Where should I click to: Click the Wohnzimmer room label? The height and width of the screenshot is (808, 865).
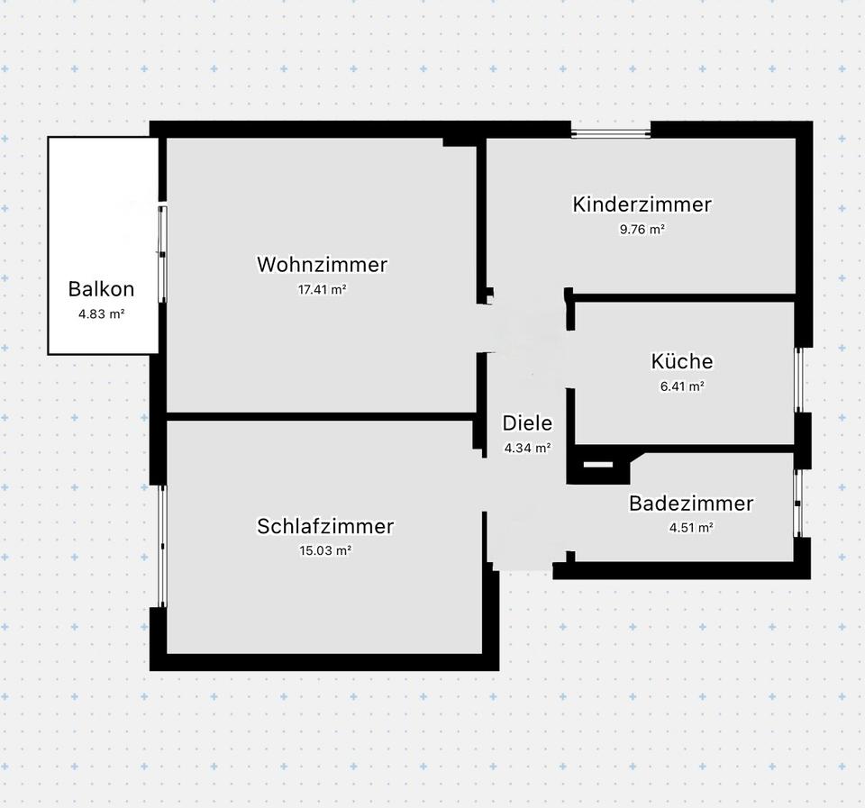[322, 265]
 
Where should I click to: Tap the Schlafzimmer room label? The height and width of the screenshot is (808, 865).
[325, 526]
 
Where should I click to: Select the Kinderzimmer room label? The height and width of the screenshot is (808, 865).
[642, 204]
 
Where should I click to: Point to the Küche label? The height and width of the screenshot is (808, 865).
[681, 361]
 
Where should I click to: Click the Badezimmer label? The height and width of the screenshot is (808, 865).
[690, 504]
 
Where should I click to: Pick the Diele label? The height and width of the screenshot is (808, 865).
[527, 423]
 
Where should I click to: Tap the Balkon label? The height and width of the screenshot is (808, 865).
[101, 289]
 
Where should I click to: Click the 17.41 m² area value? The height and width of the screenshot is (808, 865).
[322, 290]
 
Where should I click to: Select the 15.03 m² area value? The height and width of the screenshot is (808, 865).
[325, 551]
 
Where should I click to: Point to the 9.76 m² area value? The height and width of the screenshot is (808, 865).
[642, 230]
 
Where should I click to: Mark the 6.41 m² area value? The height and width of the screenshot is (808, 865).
[681, 386]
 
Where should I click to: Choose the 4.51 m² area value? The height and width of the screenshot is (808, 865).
[691, 529]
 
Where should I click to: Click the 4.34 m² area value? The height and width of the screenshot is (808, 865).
[527, 447]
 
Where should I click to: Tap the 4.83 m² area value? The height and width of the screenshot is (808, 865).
[101, 314]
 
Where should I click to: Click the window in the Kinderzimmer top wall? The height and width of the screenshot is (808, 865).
[611, 134]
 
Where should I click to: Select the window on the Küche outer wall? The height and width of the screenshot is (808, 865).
[798, 379]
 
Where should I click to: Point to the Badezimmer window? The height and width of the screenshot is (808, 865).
[798, 503]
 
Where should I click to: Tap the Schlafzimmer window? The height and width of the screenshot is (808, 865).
[162, 546]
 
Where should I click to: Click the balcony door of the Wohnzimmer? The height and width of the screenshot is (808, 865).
[162, 253]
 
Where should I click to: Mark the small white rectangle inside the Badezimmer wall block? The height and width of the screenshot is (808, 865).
[597, 465]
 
